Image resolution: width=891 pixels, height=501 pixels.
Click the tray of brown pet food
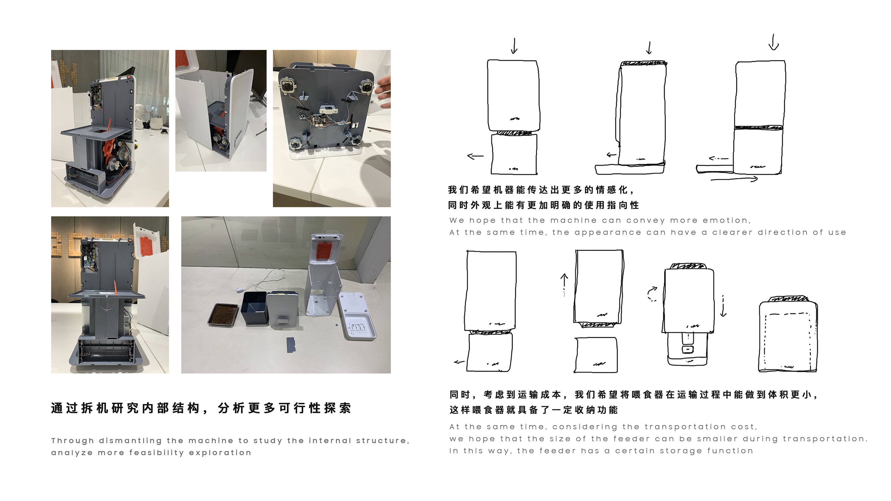[223, 315]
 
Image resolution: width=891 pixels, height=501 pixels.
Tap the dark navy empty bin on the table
[255, 307]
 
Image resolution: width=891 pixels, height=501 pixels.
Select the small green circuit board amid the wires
[321, 120]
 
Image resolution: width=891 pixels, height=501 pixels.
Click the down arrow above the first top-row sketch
[514, 46]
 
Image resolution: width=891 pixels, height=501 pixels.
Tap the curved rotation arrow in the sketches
[652, 294]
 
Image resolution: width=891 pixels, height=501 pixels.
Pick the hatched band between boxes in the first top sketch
[514, 133]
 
